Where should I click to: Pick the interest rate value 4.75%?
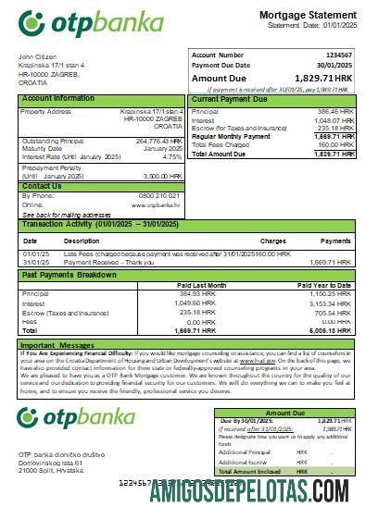(171, 156)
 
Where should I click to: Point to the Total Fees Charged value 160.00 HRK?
(334, 143)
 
